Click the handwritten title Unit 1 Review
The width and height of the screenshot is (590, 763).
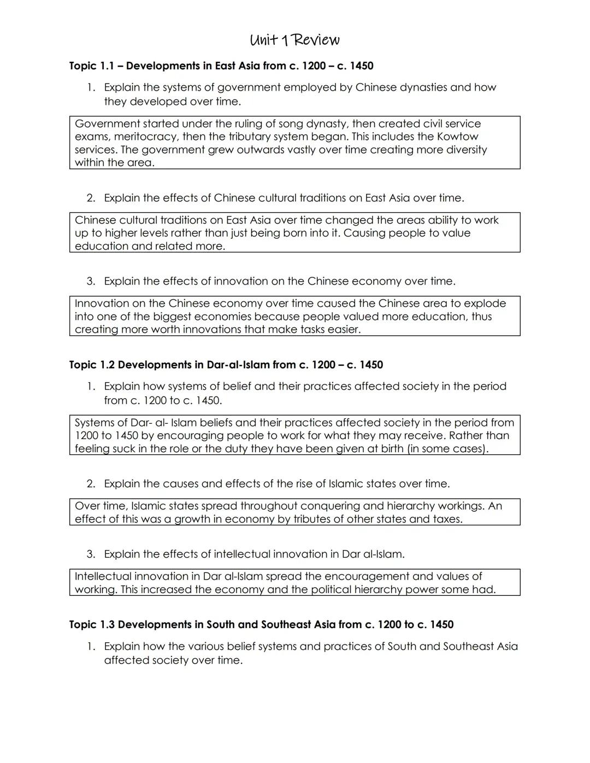[x=294, y=40]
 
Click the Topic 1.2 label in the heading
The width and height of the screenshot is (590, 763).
[x=92, y=365]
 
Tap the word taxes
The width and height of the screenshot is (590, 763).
[x=447, y=519]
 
